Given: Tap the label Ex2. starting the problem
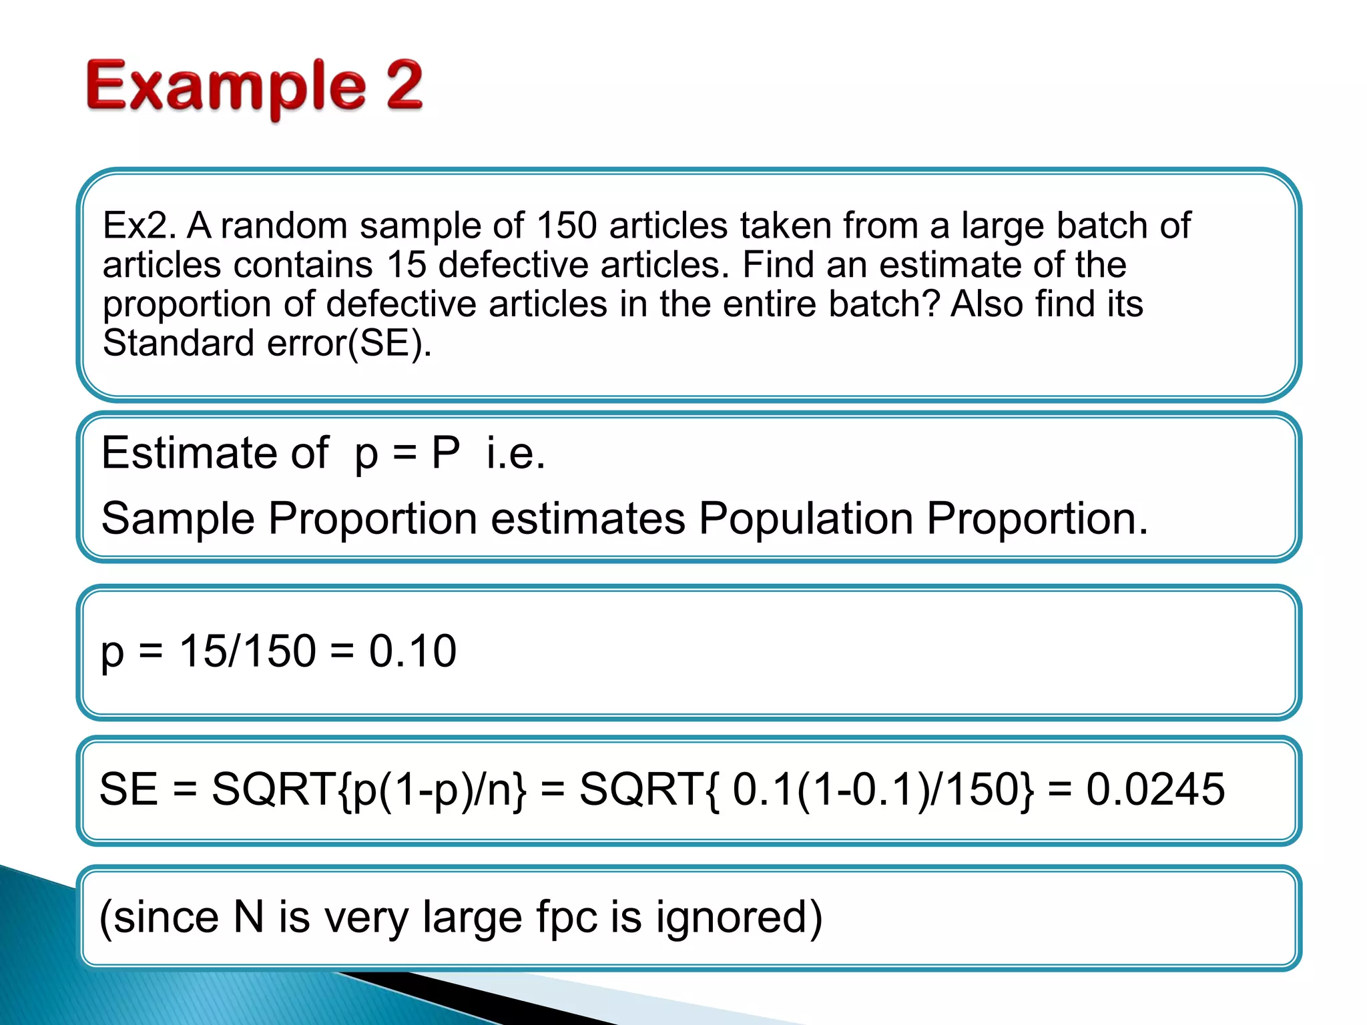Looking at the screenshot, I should [140, 226].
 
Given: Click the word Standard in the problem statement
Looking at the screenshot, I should [178, 343].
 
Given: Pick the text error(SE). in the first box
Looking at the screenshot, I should [349, 344].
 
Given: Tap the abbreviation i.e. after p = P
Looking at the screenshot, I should [515, 453].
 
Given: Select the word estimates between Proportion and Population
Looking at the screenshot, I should [588, 519].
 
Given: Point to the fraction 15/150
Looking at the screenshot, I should [247, 651].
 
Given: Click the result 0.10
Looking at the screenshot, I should [413, 651].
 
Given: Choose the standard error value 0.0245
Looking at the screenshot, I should [1155, 789].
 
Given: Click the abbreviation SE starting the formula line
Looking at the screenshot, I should [128, 789].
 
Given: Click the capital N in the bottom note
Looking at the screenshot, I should [248, 917].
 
